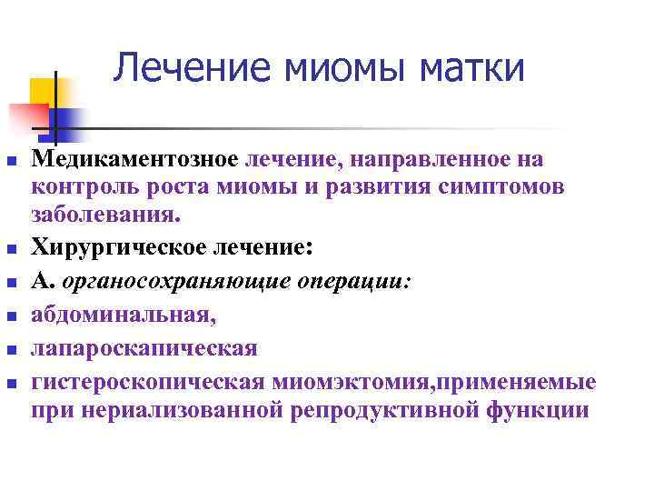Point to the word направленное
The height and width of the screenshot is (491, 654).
[x=433, y=160]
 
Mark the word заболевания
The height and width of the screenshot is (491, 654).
[x=106, y=215]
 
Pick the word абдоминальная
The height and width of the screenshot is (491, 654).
[x=124, y=315]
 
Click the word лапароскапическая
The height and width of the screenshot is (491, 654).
[x=144, y=348]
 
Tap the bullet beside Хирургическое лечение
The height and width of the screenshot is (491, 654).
[x=11, y=248]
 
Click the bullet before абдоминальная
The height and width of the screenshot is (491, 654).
[x=11, y=317]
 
